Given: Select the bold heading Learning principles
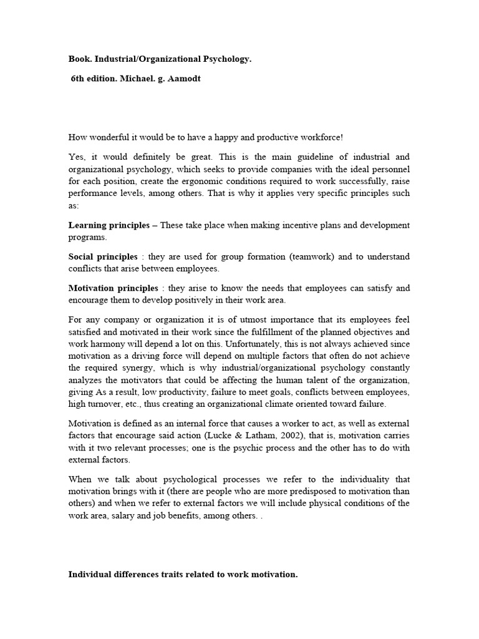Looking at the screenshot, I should pos(109,225).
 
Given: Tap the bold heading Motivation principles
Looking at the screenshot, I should pos(113,288).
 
